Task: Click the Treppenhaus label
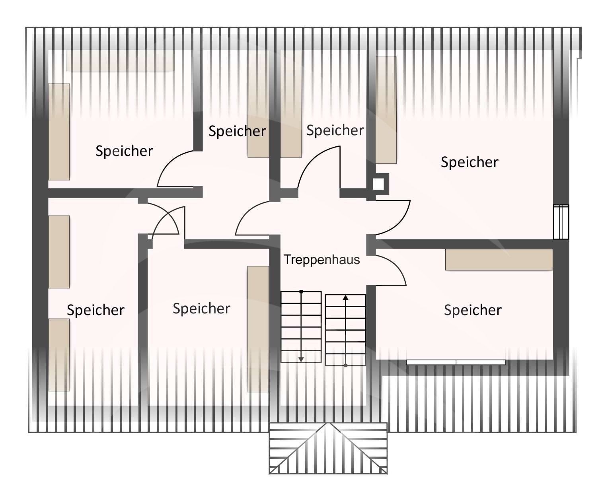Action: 321,260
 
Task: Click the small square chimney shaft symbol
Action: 378,184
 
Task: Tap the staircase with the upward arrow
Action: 345,330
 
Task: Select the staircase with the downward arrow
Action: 301,326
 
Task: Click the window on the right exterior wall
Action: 561,222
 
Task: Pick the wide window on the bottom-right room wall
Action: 456,362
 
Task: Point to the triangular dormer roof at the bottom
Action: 328,449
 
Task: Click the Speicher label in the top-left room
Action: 124,151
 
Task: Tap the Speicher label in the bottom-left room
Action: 95,310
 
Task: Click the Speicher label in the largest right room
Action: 469,162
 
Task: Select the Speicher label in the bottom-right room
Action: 473,310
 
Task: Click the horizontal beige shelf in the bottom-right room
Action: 499,260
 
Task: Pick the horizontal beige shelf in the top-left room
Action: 120,60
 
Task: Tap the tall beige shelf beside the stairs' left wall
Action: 258,329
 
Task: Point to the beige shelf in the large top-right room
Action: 386,110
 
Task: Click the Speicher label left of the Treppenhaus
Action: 201,308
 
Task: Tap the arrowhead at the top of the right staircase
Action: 345,297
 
